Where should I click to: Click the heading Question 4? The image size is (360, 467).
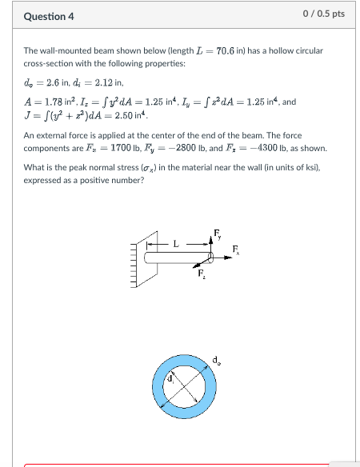(49, 16)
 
